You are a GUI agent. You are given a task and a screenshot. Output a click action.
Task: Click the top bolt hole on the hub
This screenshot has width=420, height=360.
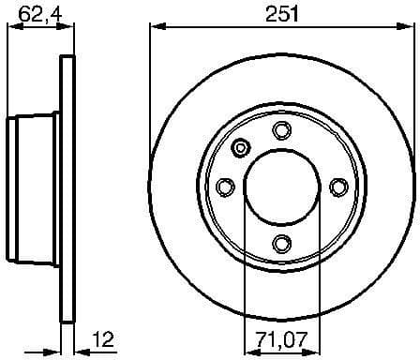coord(281,131)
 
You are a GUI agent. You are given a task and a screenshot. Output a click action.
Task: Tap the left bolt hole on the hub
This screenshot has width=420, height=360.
coord(224,188)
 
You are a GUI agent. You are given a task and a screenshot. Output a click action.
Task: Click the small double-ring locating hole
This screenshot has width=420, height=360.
coord(242,147)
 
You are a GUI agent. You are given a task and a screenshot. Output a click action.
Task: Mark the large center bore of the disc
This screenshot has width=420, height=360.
coord(281,187)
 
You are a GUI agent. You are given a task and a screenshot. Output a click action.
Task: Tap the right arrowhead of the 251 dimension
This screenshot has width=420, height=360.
coord(408,27)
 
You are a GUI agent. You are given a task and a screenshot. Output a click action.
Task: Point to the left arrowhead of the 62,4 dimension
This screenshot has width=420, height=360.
coord(12,27)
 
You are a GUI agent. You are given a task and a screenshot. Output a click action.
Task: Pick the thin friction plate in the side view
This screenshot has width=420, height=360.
coord(67,187)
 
